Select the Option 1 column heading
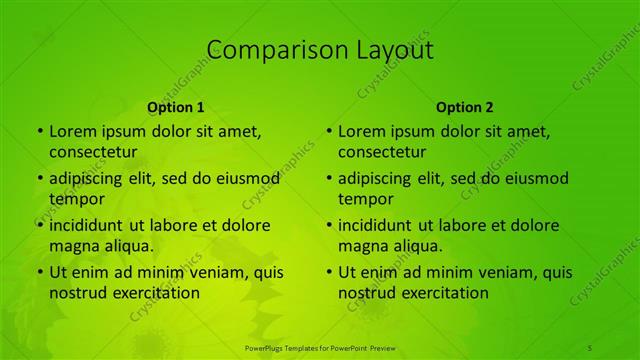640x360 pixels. (x=176, y=107)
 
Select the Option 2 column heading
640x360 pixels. (x=465, y=107)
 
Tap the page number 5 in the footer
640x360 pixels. (x=590, y=346)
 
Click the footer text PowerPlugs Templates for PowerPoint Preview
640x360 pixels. (x=320, y=346)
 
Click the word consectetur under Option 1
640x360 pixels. (x=93, y=152)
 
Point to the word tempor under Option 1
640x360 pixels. (x=76, y=199)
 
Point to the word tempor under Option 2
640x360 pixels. (x=365, y=199)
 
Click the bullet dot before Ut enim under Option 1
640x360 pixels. (x=39, y=272)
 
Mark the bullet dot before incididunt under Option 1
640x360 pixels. (x=39, y=225)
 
